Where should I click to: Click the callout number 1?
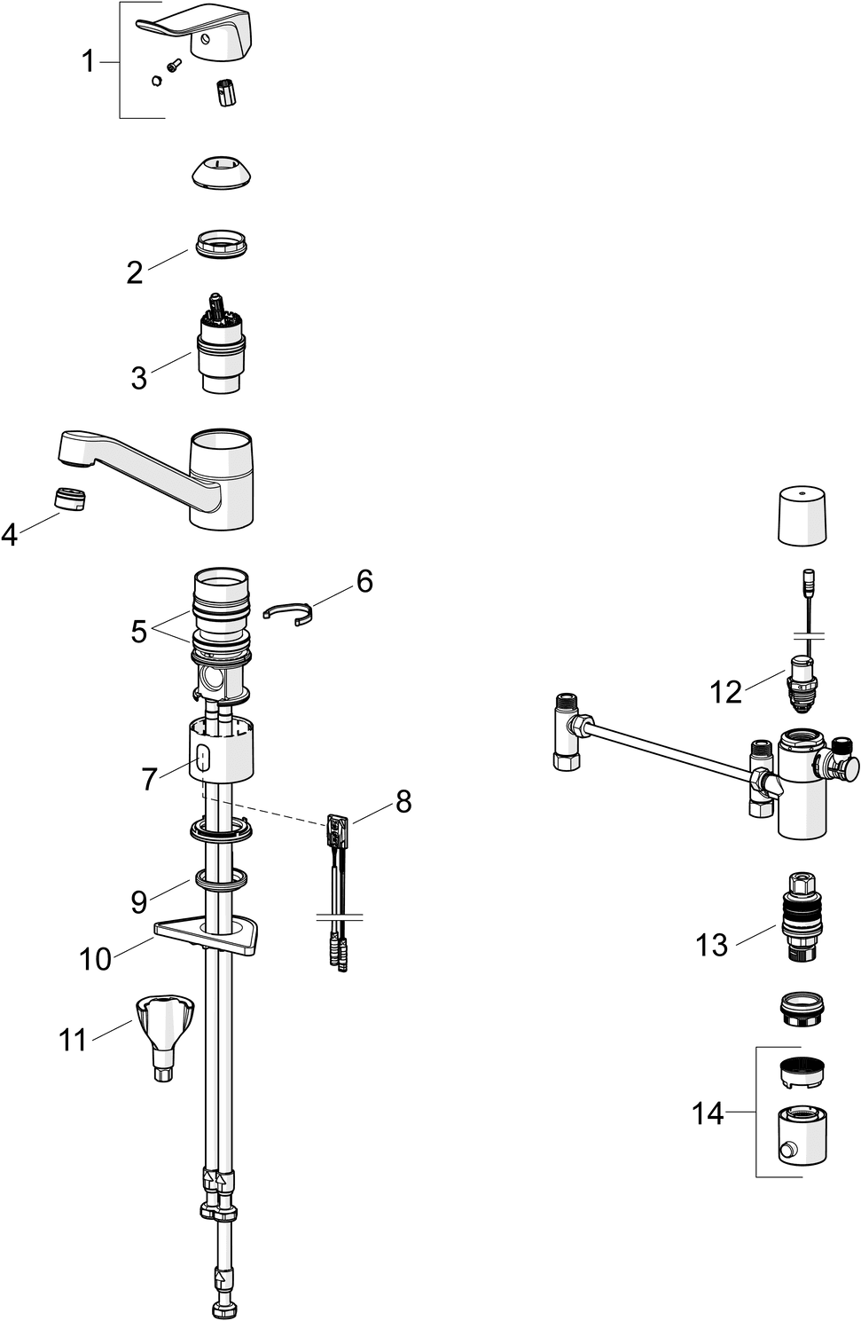point(88,62)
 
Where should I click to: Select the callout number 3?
point(139,377)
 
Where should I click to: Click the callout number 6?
point(364,581)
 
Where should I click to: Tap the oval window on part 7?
point(203,759)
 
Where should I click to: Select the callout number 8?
point(403,801)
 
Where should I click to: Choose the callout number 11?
point(73,1039)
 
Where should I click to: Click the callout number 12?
point(725,692)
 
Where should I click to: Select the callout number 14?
point(708,1113)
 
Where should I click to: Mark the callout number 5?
point(138,632)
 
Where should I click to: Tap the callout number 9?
point(138,901)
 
